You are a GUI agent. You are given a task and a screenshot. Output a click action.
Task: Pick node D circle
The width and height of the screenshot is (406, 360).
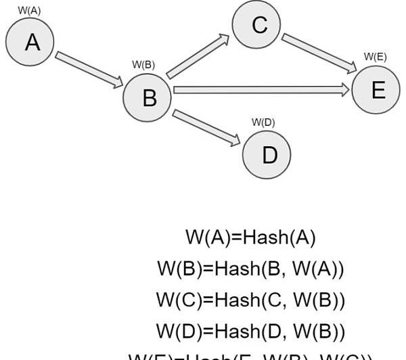(269, 155)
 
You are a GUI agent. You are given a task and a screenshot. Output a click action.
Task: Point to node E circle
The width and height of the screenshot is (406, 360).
(377, 89)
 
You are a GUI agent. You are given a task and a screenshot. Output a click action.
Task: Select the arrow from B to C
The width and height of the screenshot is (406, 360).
(198, 58)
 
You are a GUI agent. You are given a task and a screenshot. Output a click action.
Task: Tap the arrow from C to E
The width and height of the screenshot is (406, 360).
(319, 53)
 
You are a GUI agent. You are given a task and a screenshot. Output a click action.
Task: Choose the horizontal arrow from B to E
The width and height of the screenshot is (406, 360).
(261, 89)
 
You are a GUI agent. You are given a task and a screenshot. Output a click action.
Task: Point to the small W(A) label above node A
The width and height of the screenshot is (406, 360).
(29, 10)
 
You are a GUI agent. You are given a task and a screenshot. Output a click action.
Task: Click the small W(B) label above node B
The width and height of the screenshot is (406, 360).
(143, 65)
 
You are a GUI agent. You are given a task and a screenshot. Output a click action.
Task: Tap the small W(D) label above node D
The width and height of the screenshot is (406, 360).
(263, 122)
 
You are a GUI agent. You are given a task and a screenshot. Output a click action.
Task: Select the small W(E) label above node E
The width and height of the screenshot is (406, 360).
(376, 57)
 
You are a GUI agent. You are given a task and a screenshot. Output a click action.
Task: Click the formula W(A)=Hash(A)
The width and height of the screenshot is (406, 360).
(250, 238)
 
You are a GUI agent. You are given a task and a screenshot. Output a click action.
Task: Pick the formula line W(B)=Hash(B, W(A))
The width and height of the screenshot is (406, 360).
(250, 269)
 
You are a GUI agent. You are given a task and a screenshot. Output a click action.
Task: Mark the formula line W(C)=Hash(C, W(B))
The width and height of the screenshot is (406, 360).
(250, 300)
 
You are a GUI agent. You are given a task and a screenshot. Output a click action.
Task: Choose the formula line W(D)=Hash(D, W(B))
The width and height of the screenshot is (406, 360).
(250, 331)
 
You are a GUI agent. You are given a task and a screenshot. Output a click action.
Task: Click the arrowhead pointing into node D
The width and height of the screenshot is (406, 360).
(235, 141)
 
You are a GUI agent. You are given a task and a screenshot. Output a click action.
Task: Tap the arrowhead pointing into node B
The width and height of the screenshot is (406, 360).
(117, 83)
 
